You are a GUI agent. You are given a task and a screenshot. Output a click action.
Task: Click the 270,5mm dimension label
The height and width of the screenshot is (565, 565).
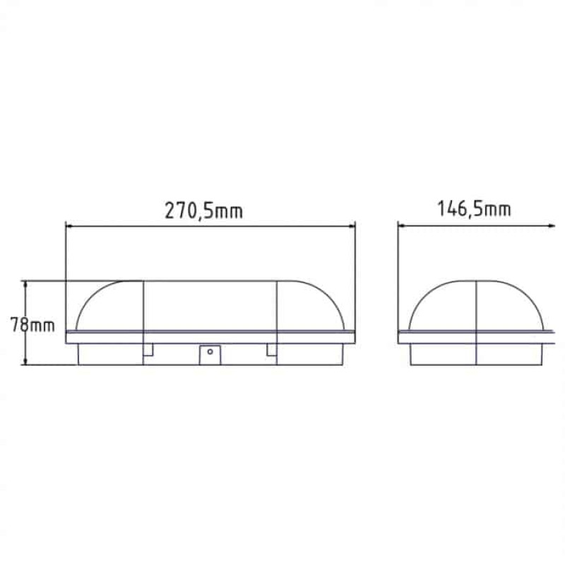point(203,210)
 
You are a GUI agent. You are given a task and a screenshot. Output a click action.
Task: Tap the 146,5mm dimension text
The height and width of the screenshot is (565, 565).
point(474,209)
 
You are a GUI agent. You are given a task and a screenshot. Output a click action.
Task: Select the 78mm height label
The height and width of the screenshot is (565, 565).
point(32,326)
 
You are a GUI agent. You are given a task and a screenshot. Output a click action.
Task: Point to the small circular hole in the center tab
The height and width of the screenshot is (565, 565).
point(210,351)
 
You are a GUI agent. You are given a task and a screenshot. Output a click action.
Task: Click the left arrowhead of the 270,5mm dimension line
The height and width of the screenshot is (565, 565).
point(69,226)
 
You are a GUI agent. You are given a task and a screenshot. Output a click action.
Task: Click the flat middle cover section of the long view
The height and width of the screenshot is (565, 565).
point(210,305)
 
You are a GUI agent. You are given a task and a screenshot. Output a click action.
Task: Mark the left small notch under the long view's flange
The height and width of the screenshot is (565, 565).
point(149,350)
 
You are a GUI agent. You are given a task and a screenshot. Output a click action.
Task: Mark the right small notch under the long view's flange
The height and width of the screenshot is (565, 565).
point(271,350)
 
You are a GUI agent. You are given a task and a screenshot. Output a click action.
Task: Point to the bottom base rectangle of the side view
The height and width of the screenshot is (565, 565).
point(476,355)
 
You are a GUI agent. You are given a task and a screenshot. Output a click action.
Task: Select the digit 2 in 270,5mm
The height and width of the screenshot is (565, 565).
point(169,210)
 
